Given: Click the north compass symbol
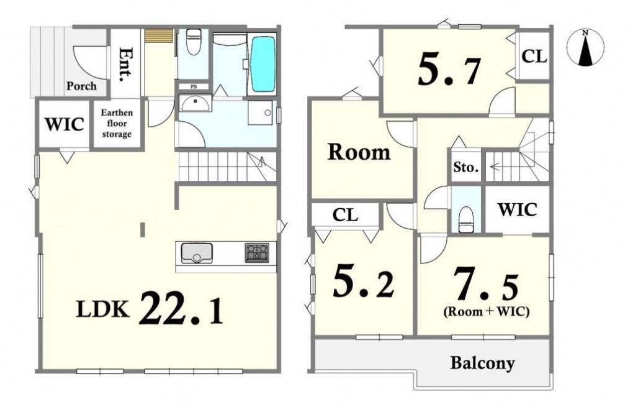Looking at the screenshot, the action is pos(585,47).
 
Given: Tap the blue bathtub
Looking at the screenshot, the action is pos(263,64).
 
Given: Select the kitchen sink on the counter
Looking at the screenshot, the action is pos(197,253).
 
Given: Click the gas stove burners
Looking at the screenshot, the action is pos(257,253).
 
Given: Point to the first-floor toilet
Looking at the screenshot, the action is pos(194,42).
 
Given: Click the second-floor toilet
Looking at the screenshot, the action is pos(466,219).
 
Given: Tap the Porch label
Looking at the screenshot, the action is pos(81,86).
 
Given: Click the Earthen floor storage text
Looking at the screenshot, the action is pos(117,123).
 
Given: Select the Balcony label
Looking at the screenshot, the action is pos(482,363).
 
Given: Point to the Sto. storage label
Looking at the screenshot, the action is pos(466,167).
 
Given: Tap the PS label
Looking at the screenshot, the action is pos(194,87).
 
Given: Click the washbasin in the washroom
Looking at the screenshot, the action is pos(195,103).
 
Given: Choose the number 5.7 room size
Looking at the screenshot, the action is pos(449,71).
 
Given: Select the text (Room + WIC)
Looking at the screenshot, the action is pos(487,311).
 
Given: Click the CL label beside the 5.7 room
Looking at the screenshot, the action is pos(534,56).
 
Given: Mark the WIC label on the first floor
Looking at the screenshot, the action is pos(64,124).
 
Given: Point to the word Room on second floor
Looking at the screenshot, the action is pos(359,152).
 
